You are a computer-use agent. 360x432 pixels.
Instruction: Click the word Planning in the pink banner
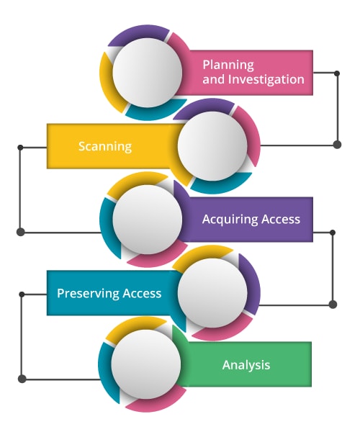pyautogui.click(x=228, y=66)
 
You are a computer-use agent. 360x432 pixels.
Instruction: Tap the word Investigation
pyautogui.click(x=266, y=79)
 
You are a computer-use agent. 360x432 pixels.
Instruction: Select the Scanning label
pyautogui.click(x=105, y=146)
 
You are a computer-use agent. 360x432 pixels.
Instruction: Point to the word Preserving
pyautogui.click(x=88, y=294)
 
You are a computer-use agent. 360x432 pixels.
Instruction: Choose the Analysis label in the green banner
pyautogui.click(x=246, y=365)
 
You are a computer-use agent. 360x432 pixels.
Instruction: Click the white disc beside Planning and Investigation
pyautogui.click(x=148, y=73)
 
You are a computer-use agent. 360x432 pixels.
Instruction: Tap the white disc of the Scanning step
pyautogui.click(x=212, y=145)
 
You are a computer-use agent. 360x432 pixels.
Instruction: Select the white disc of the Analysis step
pyautogui.click(x=146, y=364)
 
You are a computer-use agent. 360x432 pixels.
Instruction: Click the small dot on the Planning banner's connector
pyautogui.click(x=337, y=73)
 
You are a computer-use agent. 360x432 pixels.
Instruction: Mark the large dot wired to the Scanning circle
pyautogui.click(x=337, y=145)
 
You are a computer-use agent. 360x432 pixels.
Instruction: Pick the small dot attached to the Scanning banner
pyautogui.click(x=20, y=148)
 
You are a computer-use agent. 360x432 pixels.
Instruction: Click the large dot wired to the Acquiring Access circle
pyautogui.click(x=20, y=233)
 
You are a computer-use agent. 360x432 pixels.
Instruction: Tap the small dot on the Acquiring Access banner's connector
pyautogui.click(x=333, y=233)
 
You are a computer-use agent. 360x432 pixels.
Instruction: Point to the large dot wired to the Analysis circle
pyautogui.click(x=22, y=379)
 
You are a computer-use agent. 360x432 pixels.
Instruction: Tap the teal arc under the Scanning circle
pyautogui.click(x=220, y=185)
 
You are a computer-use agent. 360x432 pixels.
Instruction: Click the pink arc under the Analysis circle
pyautogui.click(x=156, y=402)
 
